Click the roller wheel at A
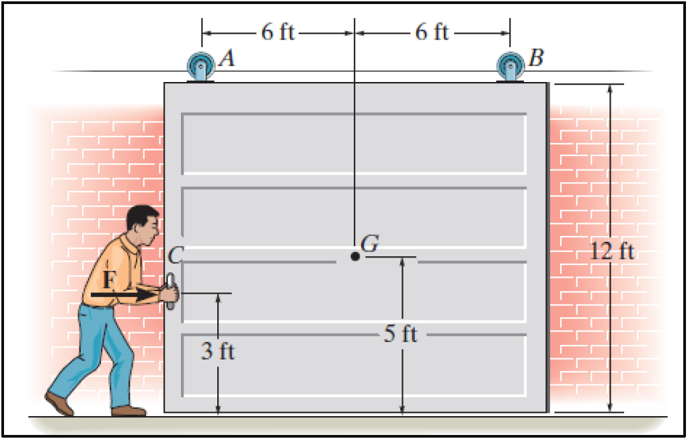click(x=200, y=67)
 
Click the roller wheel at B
click(x=509, y=67)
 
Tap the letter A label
click(x=227, y=59)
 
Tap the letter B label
click(x=535, y=58)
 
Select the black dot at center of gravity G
click(x=354, y=256)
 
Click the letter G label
click(x=369, y=244)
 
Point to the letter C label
click(x=176, y=255)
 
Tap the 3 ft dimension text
click(x=218, y=351)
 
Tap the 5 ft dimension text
click(x=401, y=334)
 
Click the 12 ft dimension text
click(x=612, y=252)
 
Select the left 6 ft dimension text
click(x=278, y=32)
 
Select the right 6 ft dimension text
click(x=432, y=32)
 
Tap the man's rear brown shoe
click(x=59, y=403)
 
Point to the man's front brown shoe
click(x=128, y=410)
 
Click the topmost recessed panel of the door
click(x=354, y=143)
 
